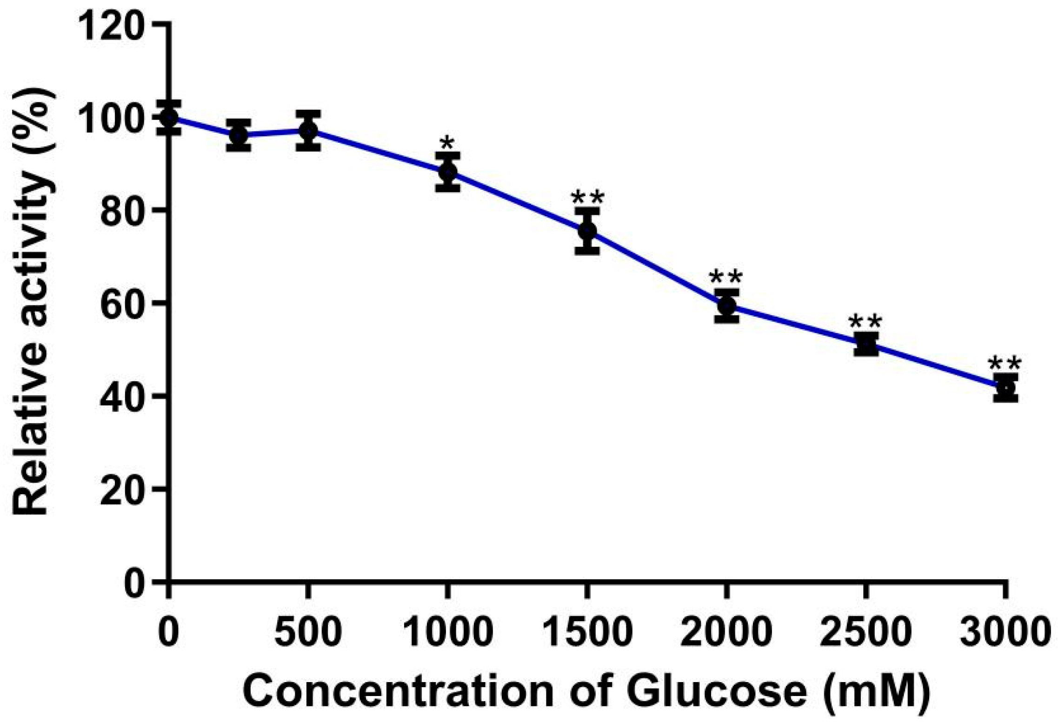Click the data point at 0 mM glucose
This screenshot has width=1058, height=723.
[169, 117]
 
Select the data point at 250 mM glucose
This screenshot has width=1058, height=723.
[239, 135]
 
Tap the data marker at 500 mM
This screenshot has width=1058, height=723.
[308, 131]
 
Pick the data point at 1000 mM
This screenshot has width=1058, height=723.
[448, 172]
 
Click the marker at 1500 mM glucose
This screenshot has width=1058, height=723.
[587, 231]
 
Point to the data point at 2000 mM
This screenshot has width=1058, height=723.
[726, 305]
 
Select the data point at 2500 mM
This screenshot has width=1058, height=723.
[866, 344]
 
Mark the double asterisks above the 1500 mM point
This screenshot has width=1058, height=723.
[587, 198]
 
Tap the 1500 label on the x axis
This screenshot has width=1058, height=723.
[587, 632]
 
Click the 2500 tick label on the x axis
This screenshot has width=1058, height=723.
[864, 632]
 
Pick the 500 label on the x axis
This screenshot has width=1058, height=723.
[308, 632]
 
